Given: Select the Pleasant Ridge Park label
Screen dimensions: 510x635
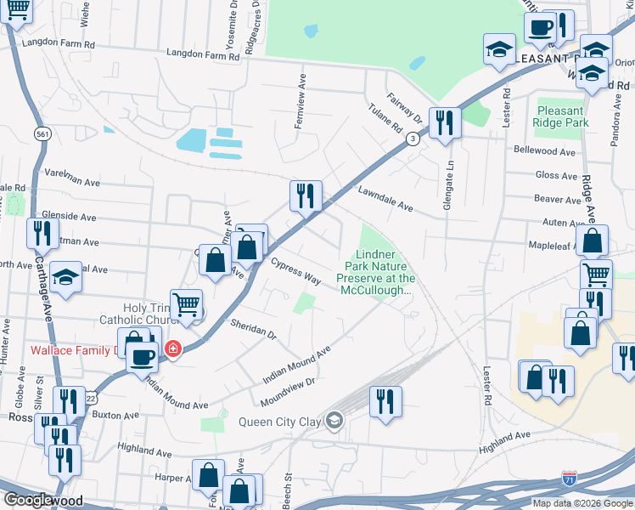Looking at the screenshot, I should point(560,116).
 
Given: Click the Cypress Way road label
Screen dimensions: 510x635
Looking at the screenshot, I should point(295,269).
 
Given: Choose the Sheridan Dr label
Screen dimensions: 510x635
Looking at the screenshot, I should point(254,330).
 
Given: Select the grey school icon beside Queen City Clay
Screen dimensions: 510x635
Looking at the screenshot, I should point(335,421).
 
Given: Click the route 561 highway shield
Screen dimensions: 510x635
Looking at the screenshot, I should point(42,134).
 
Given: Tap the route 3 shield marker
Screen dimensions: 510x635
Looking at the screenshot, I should point(412,139).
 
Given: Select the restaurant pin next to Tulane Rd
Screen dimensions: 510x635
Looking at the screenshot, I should point(444,122).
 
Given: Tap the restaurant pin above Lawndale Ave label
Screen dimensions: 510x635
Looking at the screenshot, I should point(306,195).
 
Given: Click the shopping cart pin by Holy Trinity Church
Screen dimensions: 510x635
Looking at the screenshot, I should point(186,304).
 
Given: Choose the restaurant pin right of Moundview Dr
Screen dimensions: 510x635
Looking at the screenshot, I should point(385,401).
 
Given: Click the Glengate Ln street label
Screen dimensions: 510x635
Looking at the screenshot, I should point(451,179).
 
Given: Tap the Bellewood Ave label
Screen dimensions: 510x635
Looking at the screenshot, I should point(545,151).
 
